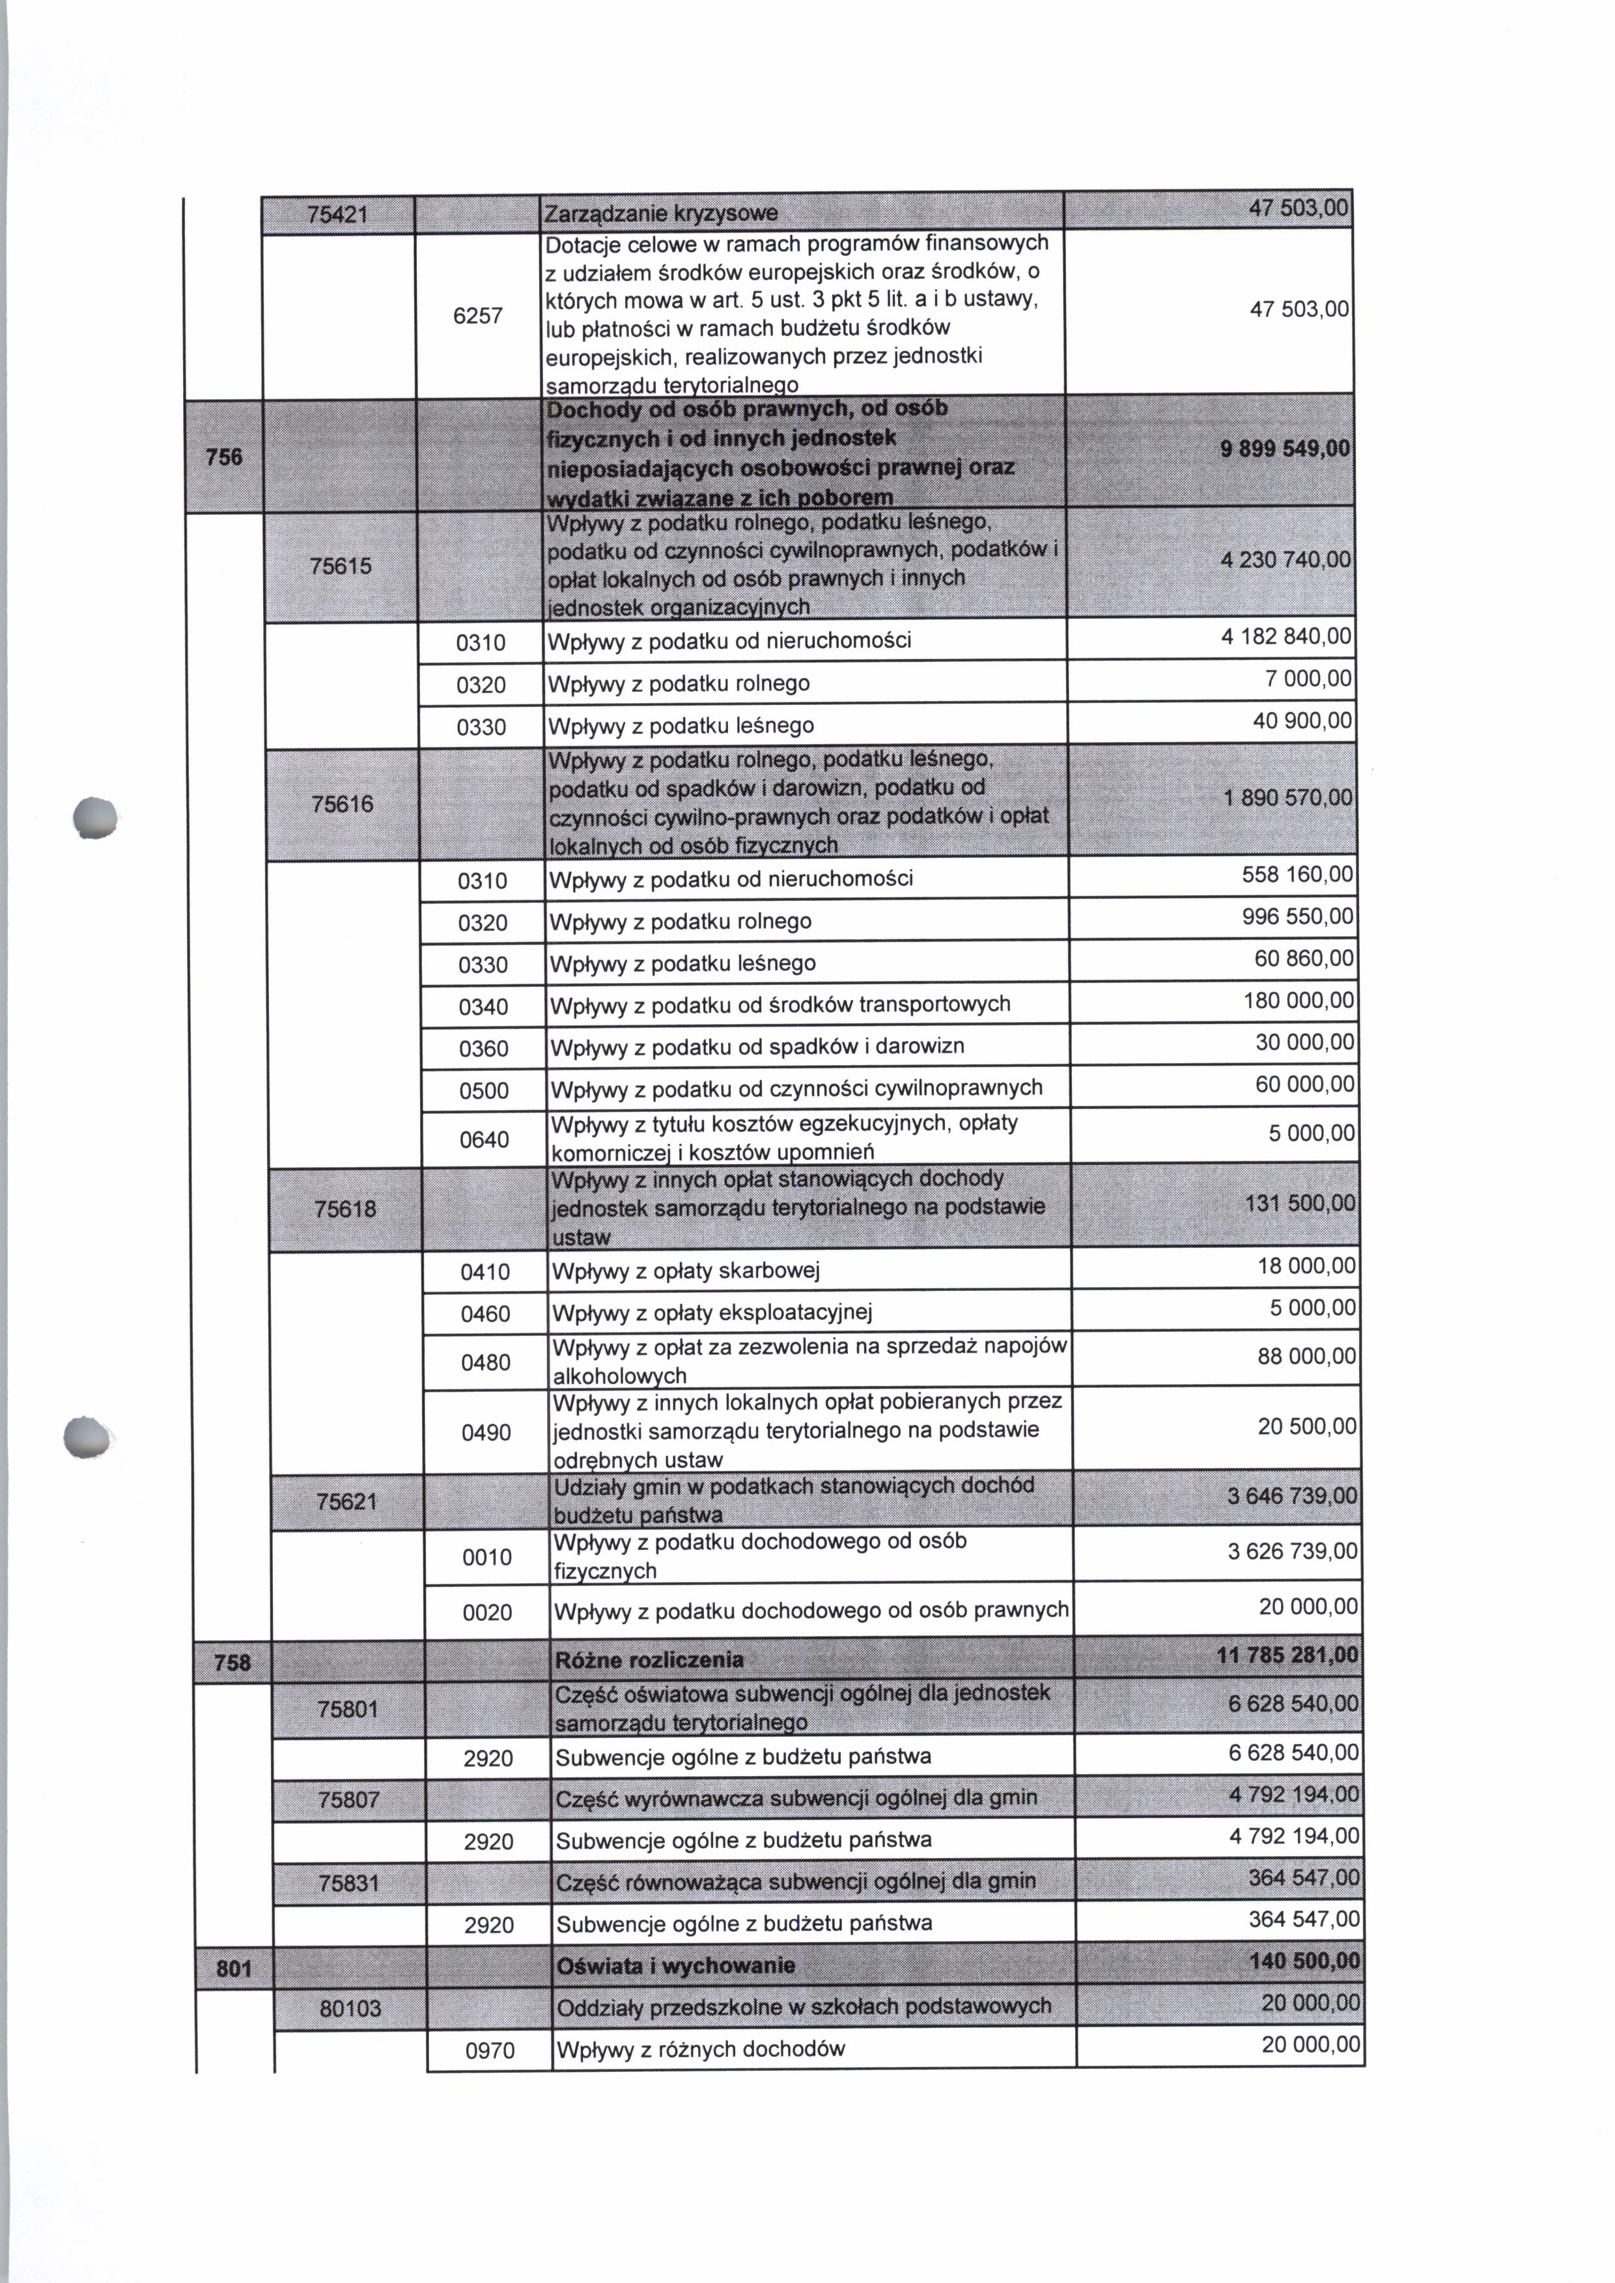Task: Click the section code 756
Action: click(x=224, y=458)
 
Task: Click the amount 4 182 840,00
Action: click(x=1286, y=637)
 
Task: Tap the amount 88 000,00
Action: click(x=1307, y=1356)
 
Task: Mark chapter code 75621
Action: click(x=346, y=1501)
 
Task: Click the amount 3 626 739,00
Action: click(x=1293, y=1551)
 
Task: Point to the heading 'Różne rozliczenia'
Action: click(x=649, y=1659)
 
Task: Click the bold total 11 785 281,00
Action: click(x=1288, y=1655)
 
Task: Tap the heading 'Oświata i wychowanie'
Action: click(x=675, y=1966)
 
